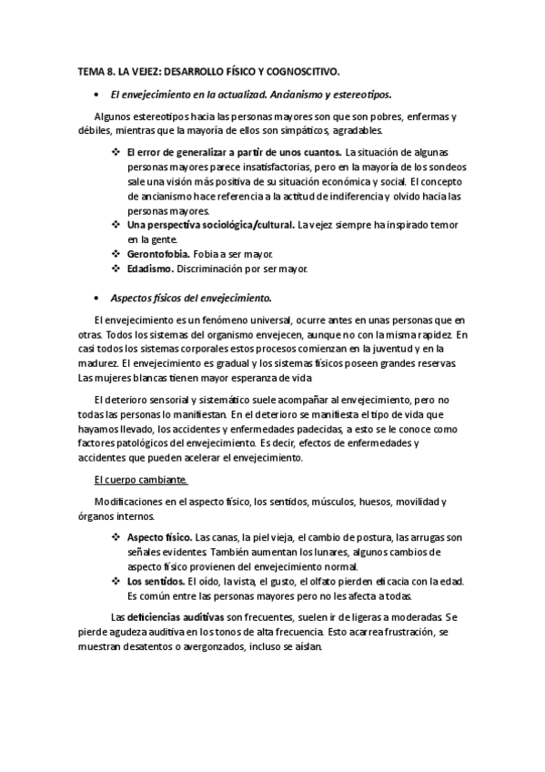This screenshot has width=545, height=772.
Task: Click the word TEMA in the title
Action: coord(93,71)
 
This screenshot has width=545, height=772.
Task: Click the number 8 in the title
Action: coord(114,71)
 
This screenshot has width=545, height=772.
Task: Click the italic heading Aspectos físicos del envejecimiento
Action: coord(190,299)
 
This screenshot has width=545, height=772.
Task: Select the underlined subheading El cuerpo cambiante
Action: coord(141,479)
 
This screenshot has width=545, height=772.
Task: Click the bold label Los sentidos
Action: coord(156,582)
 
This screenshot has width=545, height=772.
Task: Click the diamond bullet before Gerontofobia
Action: coord(116,253)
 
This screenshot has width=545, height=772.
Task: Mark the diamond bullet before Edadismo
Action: coord(116,269)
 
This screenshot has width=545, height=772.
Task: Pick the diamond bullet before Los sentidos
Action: coord(116,582)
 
